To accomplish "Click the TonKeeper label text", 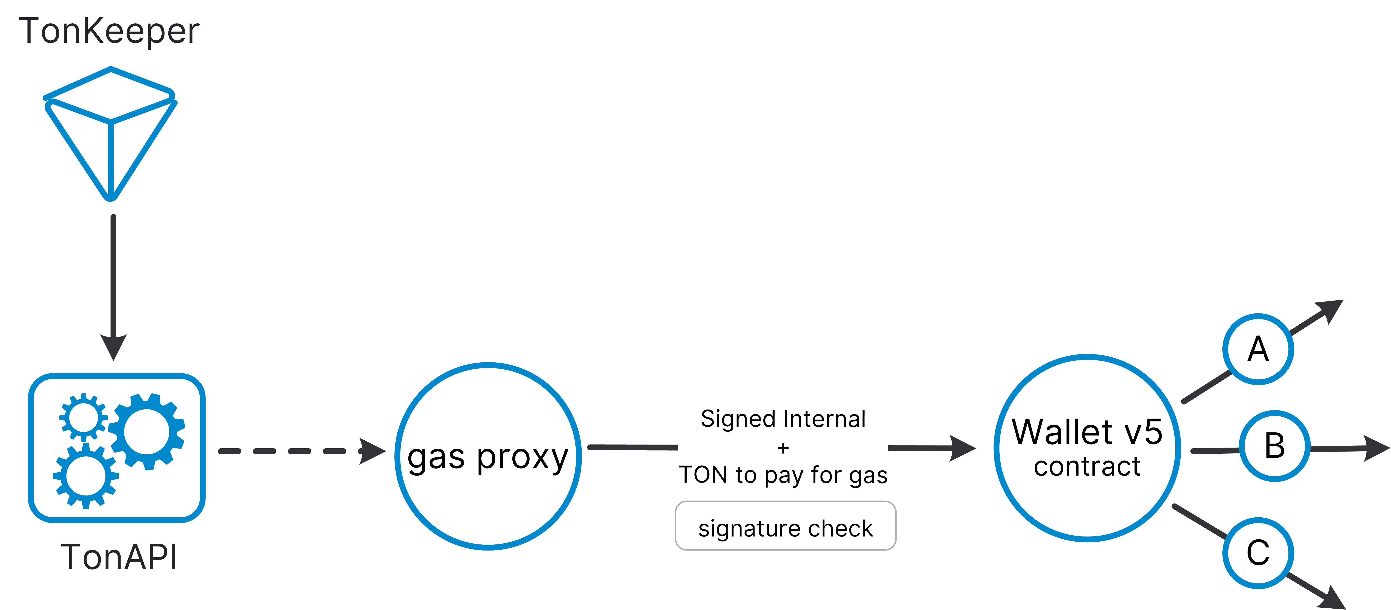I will click(110, 31).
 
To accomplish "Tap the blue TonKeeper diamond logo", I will click(111, 132).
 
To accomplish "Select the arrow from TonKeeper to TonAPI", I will click(113, 286).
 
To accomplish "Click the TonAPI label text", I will click(119, 557).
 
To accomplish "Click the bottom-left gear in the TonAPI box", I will click(85, 475).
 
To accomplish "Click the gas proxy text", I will click(488, 458).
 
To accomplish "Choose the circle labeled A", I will click(1258, 349).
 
